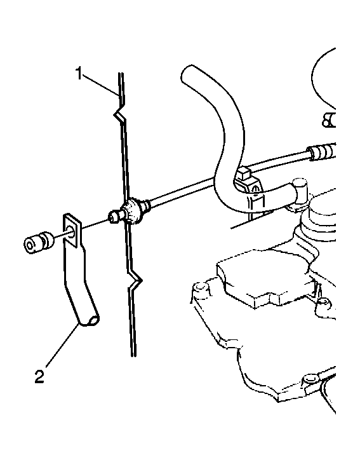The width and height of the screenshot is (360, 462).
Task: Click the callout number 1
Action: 79,74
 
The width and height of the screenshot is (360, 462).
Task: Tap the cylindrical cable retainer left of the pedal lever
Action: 39,241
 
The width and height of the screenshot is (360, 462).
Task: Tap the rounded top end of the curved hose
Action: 190,73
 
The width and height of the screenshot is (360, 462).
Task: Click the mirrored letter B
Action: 328,120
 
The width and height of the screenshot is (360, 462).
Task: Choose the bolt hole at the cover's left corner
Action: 200,287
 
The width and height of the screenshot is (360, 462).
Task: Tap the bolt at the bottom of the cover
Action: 310,378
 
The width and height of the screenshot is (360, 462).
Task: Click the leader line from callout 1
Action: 102,85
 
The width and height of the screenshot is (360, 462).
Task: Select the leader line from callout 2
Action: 62,345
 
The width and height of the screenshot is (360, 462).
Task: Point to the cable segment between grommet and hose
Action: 181,191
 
